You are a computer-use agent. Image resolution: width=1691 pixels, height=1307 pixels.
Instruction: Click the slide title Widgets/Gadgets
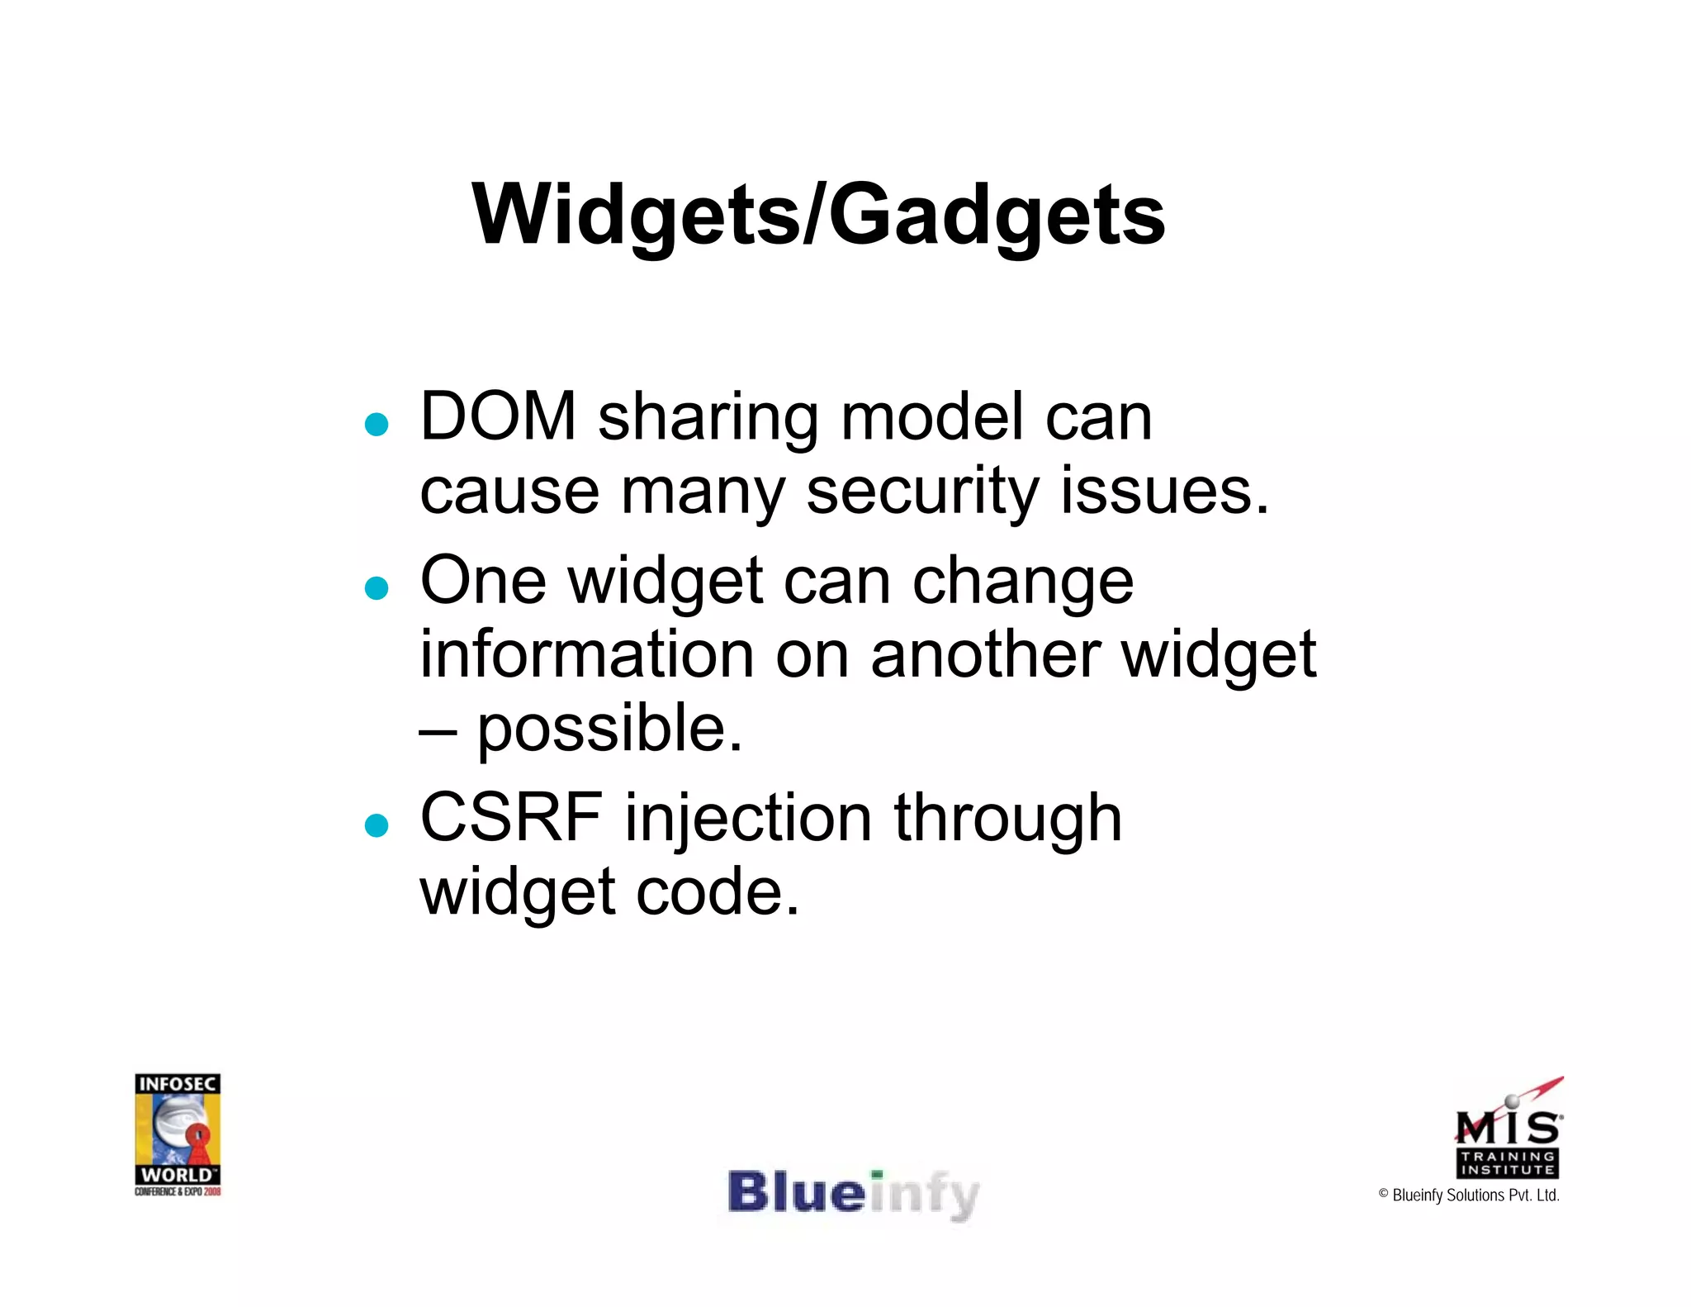coord(817,215)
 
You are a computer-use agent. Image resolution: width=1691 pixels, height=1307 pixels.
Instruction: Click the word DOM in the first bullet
coord(498,416)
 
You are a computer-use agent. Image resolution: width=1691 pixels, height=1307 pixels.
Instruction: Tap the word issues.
coord(1164,491)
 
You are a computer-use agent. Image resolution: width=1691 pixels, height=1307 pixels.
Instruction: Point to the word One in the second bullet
coord(483,580)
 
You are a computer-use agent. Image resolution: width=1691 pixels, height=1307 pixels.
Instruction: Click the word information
coord(587,654)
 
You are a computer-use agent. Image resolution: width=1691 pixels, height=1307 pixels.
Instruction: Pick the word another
coord(986,654)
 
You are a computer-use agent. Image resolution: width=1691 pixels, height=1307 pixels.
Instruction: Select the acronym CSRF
coord(511,818)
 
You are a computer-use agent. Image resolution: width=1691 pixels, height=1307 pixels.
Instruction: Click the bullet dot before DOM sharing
coord(377,425)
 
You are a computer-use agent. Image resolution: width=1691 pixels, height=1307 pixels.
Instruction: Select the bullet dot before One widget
coord(377,588)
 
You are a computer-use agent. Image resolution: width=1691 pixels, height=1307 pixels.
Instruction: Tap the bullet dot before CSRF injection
coord(377,825)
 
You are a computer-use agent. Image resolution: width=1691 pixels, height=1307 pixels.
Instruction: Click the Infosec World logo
coord(178,1134)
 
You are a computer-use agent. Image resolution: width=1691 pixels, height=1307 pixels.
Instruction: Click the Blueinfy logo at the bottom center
coord(852,1195)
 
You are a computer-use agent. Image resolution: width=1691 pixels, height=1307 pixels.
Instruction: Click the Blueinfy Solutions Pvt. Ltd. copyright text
coord(1469,1195)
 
